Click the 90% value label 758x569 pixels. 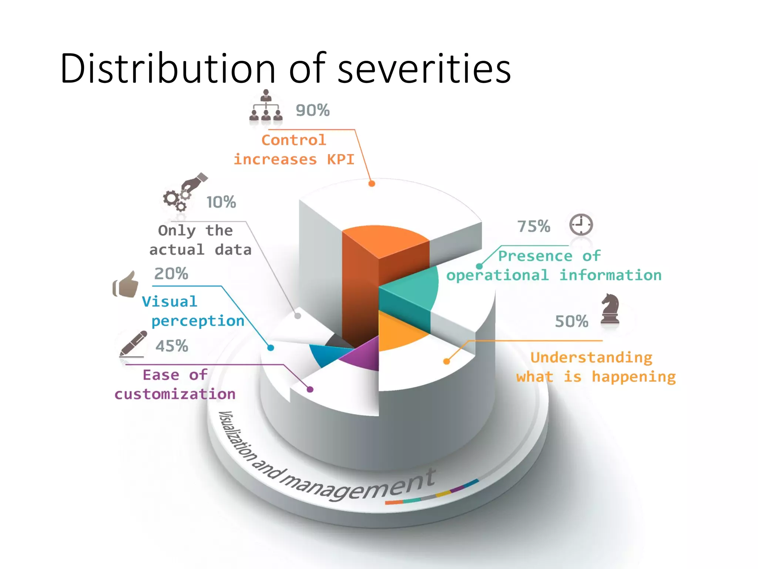312,110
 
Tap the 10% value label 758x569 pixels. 221,202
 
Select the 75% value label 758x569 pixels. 533,226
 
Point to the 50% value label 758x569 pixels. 571,322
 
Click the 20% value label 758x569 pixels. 171,274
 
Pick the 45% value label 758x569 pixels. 172,346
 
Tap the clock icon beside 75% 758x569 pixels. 581,224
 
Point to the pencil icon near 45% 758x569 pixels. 133,343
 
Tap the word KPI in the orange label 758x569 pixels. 341,159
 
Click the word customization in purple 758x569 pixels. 175,394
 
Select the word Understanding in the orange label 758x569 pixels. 591,357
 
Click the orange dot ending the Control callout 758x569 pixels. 372,183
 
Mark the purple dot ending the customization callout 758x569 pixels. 310,389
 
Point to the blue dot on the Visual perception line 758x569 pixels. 271,348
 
